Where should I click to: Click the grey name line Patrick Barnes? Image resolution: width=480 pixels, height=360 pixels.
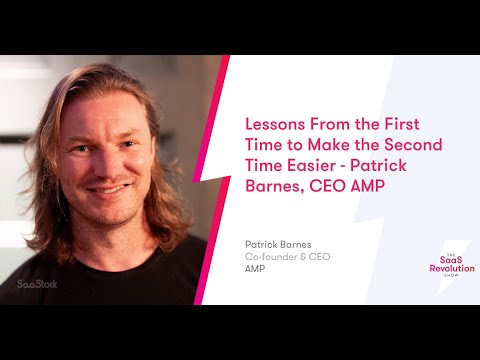coord(276,243)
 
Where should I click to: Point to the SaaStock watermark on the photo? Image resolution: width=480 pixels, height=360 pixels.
coord(38,283)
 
